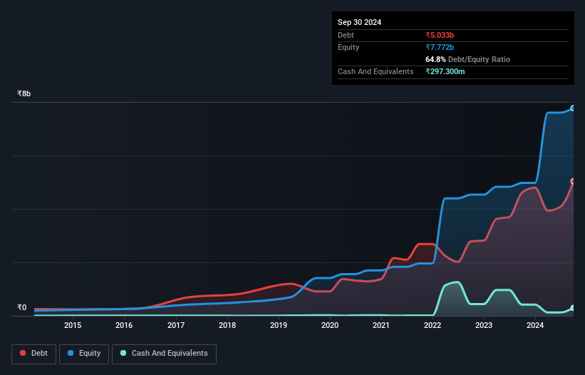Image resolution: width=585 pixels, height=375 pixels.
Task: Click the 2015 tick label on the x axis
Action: click(x=73, y=326)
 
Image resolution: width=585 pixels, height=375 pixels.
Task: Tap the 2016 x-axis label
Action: click(x=124, y=326)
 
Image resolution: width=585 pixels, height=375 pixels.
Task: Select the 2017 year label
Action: click(x=175, y=326)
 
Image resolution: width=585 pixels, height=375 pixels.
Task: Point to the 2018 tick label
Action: click(x=227, y=326)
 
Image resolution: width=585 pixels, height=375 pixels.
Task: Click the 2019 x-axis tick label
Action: click(x=279, y=326)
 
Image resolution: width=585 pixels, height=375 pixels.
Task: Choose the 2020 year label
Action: click(x=330, y=326)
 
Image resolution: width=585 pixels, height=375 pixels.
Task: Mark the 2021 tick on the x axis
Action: click(x=381, y=326)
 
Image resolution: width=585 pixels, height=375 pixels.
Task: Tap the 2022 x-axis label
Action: click(x=433, y=326)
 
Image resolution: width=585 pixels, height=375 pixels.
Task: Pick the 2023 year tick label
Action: click(x=484, y=326)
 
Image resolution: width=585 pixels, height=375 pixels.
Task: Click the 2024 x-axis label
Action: click(x=535, y=326)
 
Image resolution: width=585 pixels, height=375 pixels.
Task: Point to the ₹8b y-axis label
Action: click(x=24, y=94)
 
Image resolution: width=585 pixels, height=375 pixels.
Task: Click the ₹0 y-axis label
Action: click(x=22, y=308)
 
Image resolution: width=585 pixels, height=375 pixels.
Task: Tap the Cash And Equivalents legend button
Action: click(x=164, y=354)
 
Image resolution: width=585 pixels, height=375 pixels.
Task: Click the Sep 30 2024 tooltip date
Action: click(x=359, y=22)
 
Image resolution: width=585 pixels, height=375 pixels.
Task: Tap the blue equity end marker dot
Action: click(x=573, y=108)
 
